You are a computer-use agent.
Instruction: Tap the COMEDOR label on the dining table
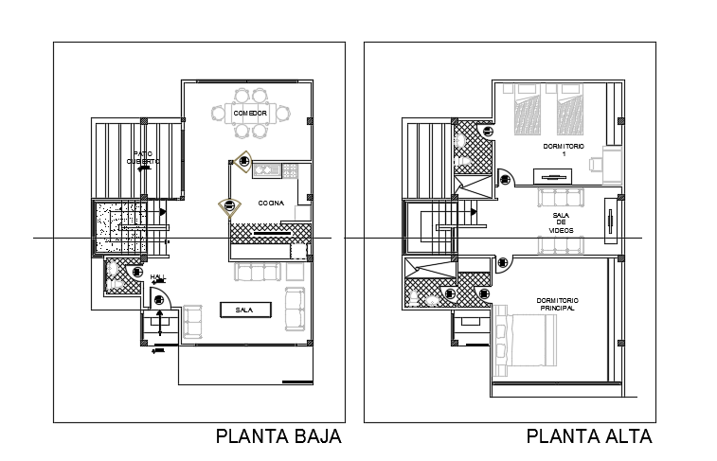point(250,114)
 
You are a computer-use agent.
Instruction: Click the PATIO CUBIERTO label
point(144,157)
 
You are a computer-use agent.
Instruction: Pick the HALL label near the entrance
point(157,276)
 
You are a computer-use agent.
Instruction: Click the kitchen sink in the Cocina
point(265,170)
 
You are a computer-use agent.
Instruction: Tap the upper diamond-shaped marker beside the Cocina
point(244,162)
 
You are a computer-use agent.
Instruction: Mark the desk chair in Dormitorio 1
point(596,163)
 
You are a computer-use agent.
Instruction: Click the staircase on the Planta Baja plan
point(121,227)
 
